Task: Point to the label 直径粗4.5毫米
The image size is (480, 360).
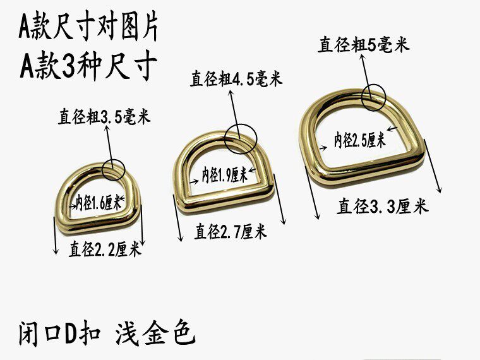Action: point(236,80)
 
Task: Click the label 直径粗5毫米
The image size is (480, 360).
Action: point(364,45)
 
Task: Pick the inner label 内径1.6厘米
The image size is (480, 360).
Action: point(99,203)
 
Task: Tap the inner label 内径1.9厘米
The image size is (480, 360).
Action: point(224,174)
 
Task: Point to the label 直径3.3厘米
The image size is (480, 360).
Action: point(383,206)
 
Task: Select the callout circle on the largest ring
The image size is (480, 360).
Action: point(373,97)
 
